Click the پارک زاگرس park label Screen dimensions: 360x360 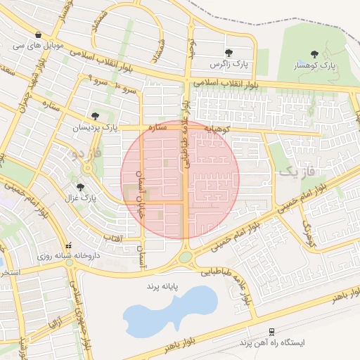tap(228, 65)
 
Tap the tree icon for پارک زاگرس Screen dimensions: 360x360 tap(229, 53)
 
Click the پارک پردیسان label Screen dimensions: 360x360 tap(95, 128)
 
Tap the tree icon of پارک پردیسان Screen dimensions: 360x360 tap(95, 116)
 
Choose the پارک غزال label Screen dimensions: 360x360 tap(79, 198)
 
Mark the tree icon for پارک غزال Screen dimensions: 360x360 tap(80, 187)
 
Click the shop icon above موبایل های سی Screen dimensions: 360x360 tap(37, 34)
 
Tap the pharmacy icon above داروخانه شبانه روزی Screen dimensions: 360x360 tap(67, 246)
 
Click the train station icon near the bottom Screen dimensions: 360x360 tap(271, 332)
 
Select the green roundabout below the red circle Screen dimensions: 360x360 tap(185, 257)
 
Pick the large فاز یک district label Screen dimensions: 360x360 tap(295, 171)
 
